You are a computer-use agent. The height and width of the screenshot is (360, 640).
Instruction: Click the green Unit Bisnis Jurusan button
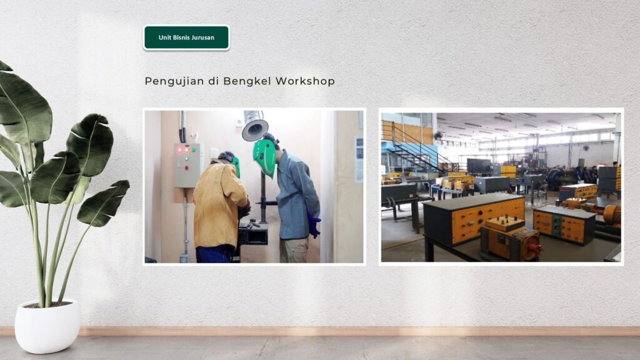click(x=186, y=37)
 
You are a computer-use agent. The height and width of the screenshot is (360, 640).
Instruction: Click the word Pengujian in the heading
click(x=174, y=81)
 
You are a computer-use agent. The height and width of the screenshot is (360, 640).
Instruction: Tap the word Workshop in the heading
click(x=305, y=81)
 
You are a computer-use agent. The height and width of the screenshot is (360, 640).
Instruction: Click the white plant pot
click(x=47, y=326)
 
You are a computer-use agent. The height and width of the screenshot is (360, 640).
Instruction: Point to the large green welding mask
click(x=264, y=157)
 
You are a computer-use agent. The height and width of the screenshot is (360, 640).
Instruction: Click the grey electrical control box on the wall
click(x=187, y=165)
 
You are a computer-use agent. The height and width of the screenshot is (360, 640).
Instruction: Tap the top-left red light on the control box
click(x=179, y=150)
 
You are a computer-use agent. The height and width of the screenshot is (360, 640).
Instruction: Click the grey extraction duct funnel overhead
click(x=255, y=126)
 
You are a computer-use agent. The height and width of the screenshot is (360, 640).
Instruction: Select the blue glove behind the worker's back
click(x=314, y=224)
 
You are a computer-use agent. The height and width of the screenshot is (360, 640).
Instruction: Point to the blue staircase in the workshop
click(x=416, y=150)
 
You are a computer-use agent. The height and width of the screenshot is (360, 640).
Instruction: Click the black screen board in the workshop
click(x=479, y=166)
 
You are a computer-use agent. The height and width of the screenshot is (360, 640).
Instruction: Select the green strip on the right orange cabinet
click(x=556, y=225)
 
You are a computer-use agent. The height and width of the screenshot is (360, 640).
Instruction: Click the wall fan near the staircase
click(x=438, y=135)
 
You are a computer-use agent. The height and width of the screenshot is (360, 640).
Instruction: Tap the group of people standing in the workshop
click(x=586, y=174)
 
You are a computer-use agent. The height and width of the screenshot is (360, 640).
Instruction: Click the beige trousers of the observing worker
click(x=294, y=250)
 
